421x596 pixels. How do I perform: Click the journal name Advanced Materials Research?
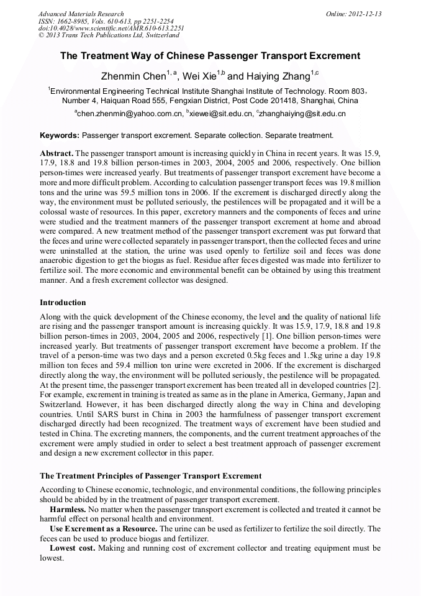coord(81,14)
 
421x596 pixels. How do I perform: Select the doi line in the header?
coord(111,29)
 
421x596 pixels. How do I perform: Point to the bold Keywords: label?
coord(60,135)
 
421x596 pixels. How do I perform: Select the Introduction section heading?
coord(63,303)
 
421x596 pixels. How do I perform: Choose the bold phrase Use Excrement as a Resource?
coord(103,528)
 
